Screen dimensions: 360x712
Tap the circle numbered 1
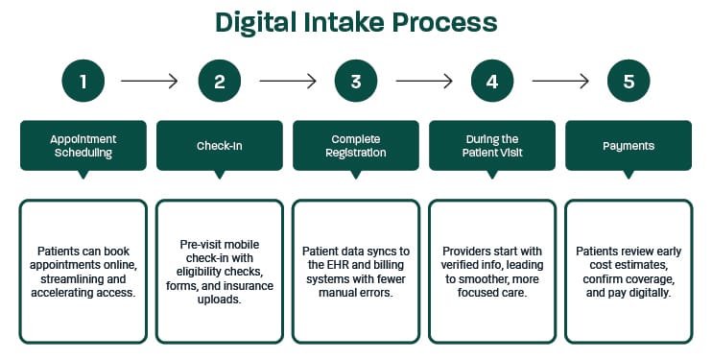click(83, 82)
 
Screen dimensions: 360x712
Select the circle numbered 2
click(220, 82)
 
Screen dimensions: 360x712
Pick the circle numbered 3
click(356, 82)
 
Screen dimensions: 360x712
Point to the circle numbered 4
click(492, 82)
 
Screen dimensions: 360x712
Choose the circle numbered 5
click(629, 82)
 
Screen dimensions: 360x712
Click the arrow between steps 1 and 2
click(152, 83)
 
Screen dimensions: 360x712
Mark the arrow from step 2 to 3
click(288, 83)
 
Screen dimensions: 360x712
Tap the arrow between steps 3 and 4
click(424, 83)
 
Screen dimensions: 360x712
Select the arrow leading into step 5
click(560, 83)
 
